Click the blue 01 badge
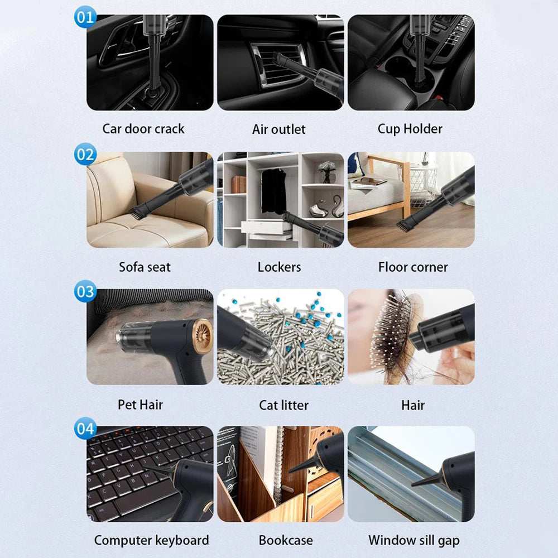click(85, 17)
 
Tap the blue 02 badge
click(85, 154)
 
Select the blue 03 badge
click(85, 291)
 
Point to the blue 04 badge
click(85, 429)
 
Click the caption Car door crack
click(143, 129)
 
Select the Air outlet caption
click(279, 129)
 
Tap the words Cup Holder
click(410, 129)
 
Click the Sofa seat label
click(144, 267)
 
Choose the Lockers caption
click(279, 267)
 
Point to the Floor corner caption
click(413, 267)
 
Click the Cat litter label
click(283, 405)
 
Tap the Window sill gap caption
click(413, 540)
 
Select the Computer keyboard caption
click(151, 540)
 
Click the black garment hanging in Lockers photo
click(273, 190)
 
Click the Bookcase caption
click(286, 540)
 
